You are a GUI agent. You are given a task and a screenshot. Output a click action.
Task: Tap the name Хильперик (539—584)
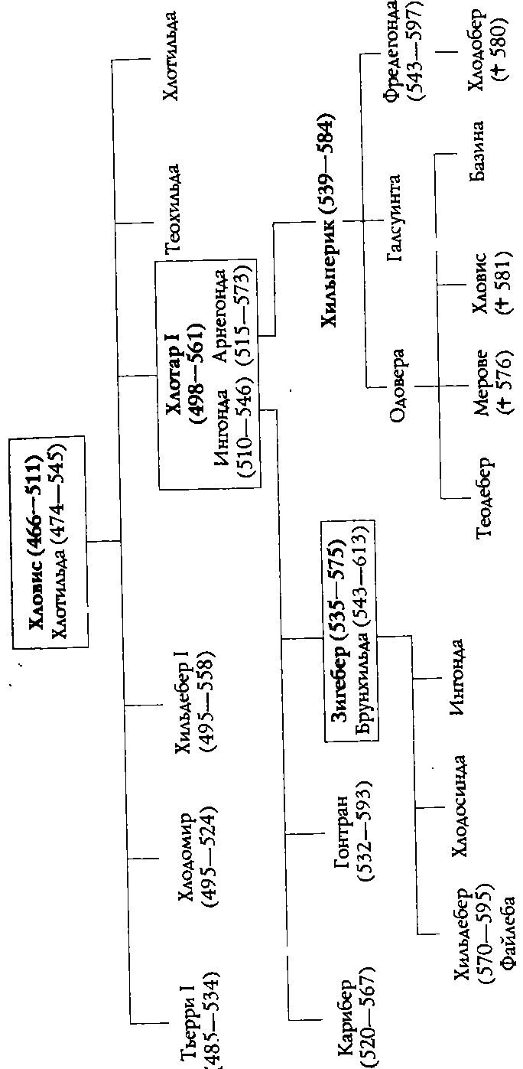click(327, 222)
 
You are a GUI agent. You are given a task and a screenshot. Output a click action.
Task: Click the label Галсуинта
click(394, 218)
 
